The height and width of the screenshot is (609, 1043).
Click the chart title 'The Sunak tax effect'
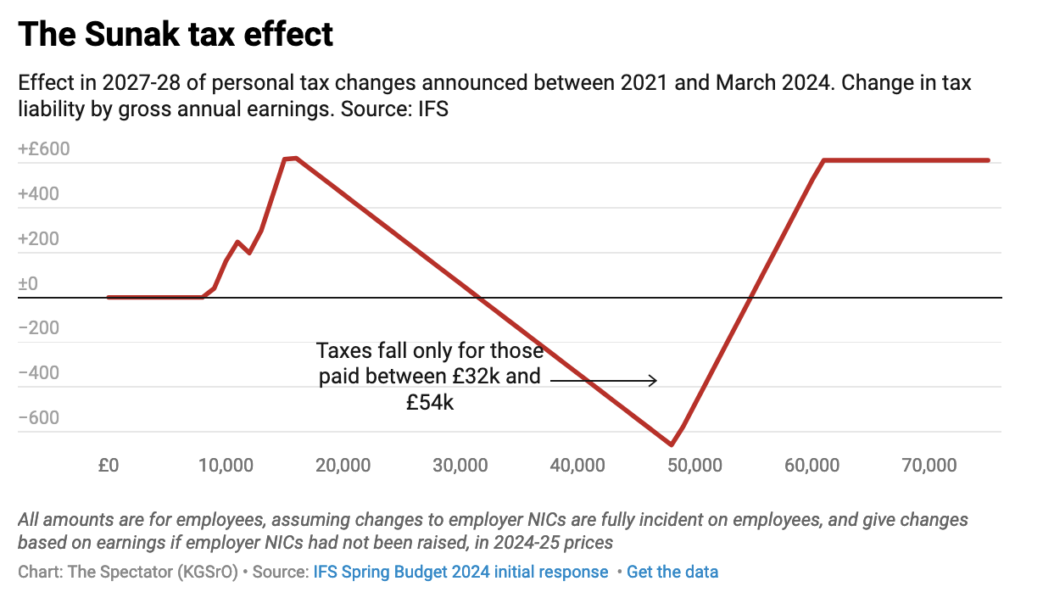pos(176,35)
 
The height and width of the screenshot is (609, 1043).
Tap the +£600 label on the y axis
pos(44,149)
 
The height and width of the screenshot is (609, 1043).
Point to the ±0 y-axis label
pos(28,283)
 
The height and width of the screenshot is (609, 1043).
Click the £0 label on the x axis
pos(108,466)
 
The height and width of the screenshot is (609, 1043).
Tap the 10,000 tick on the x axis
pos(225,466)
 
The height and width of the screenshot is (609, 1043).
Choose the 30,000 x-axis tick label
pos(460,466)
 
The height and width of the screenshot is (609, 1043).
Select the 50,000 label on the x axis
pos(694,466)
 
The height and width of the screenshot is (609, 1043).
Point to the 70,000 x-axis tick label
pos(929,466)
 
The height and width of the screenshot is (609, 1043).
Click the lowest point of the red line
pos(672,444)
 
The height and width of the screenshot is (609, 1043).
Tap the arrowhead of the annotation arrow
pos(654,381)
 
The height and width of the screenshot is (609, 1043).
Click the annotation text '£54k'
pos(430,403)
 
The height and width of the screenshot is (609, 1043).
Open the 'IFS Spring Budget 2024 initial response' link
pos(460,572)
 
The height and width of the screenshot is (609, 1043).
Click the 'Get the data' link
pos(672,572)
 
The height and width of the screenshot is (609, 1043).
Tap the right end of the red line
pos(989,159)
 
